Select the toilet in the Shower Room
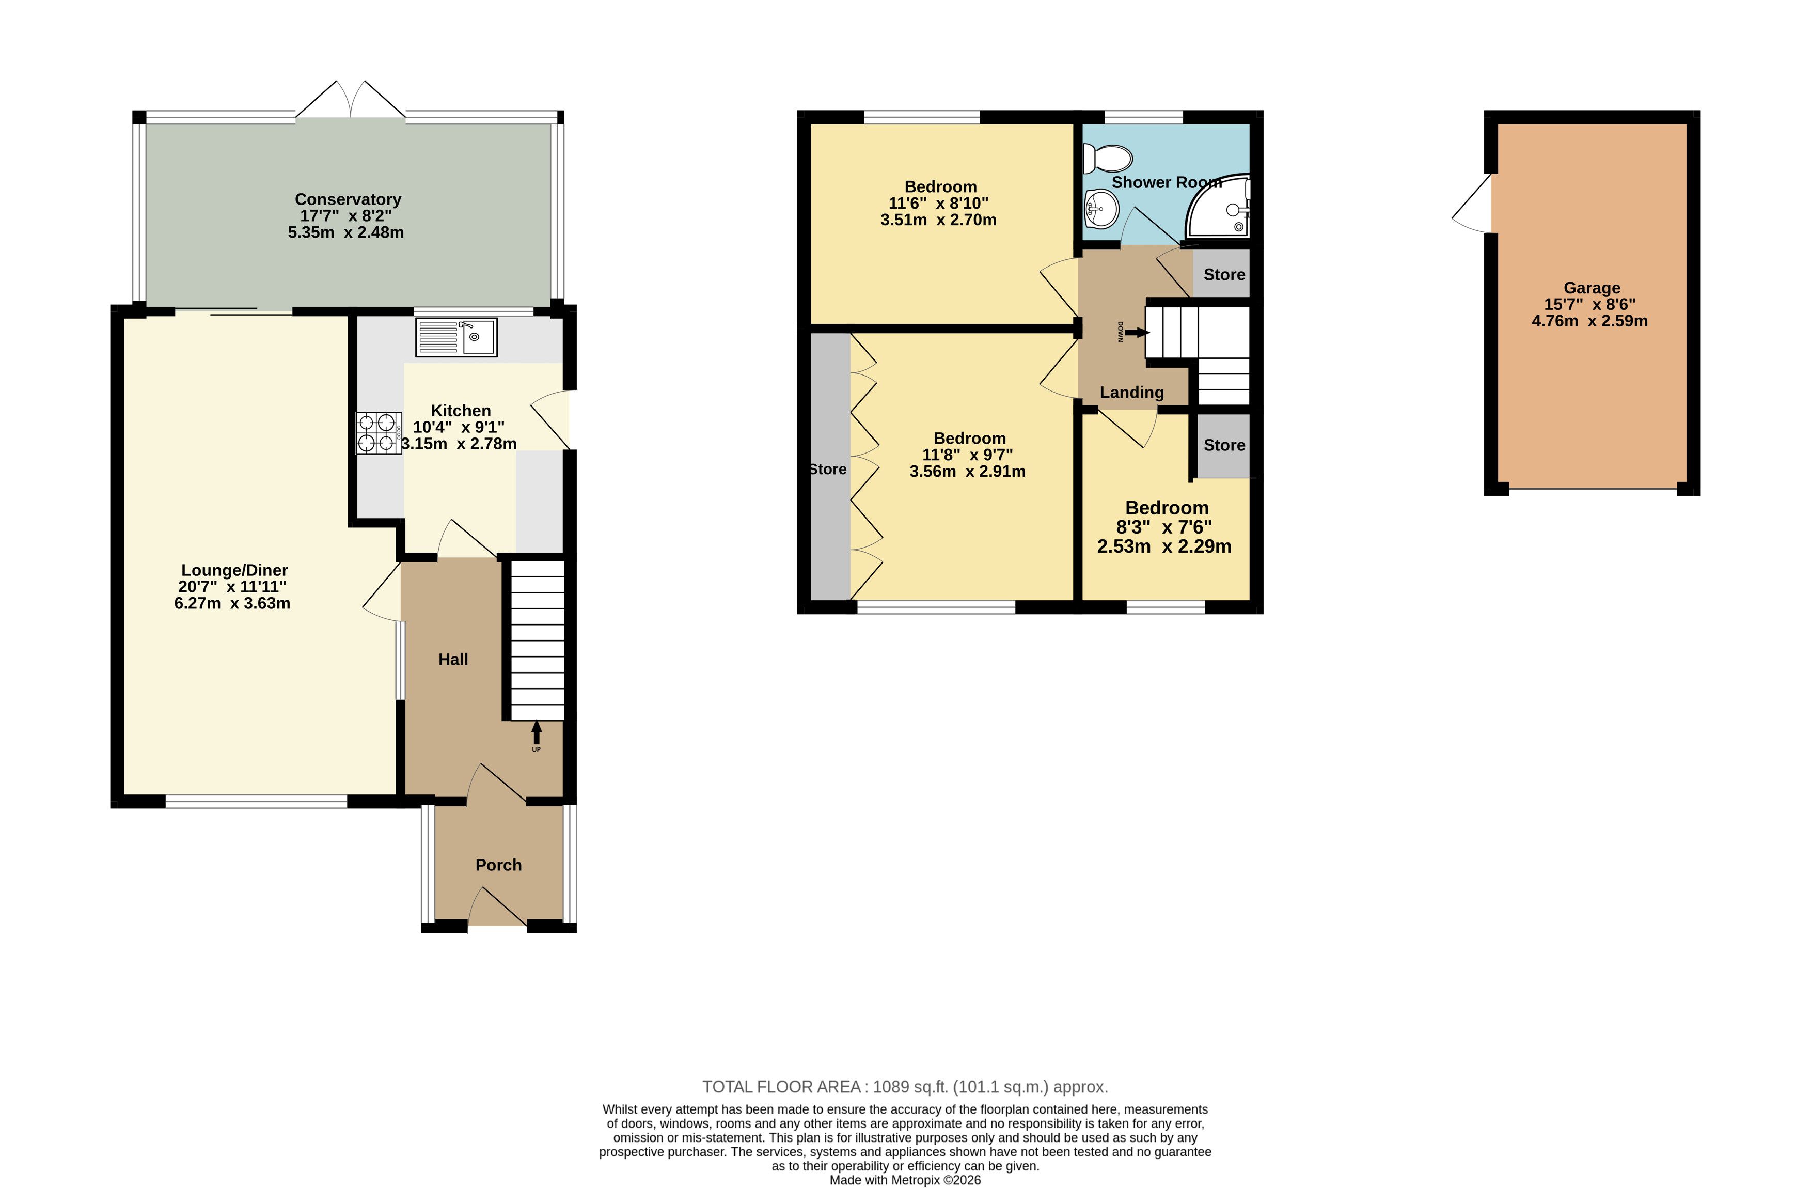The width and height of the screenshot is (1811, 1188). point(1107,158)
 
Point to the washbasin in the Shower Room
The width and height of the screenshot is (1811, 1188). point(1100,208)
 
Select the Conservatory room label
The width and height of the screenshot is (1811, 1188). point(348,199)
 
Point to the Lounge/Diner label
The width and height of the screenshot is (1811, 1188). point(234,570)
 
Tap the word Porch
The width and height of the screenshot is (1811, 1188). point(498,865)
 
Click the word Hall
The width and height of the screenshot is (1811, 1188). point(453,659)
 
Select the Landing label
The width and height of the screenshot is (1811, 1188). point(1131,393)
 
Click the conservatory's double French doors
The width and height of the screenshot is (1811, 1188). point(351,100)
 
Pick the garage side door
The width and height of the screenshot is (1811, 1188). point(1472,203)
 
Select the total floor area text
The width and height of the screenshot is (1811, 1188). point(905,1086)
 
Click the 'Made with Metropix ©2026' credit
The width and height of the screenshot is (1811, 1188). point(905,1180)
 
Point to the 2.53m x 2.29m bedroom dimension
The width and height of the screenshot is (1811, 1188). point(1163,546)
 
